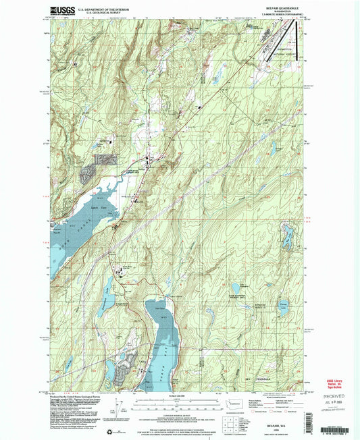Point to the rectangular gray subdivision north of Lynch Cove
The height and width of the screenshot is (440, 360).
point(105,159)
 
